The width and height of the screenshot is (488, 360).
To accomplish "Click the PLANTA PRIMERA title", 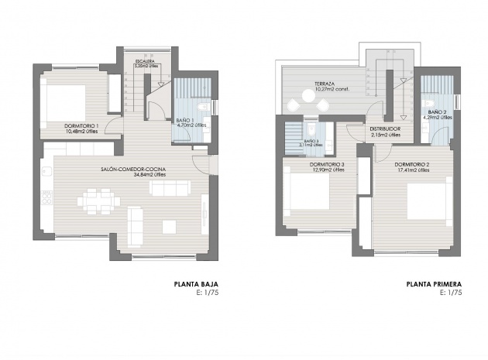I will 435,284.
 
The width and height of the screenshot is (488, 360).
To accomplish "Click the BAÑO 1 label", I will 184,118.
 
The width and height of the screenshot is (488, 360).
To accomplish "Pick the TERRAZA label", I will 325,84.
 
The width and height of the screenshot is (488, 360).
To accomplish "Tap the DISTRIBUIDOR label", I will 384,129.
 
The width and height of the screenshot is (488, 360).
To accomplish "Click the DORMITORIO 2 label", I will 411,164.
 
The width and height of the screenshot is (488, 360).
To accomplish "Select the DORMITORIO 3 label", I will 327,164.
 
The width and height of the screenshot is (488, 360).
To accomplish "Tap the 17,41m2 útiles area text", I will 411,170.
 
